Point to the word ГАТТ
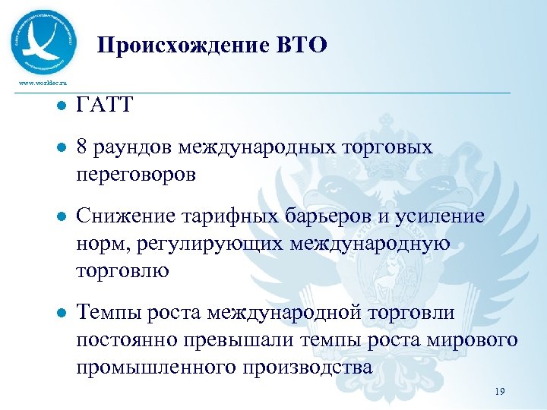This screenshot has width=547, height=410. (105, 106)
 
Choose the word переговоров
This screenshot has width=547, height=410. (136, 175)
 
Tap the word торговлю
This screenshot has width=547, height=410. (122, 271)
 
